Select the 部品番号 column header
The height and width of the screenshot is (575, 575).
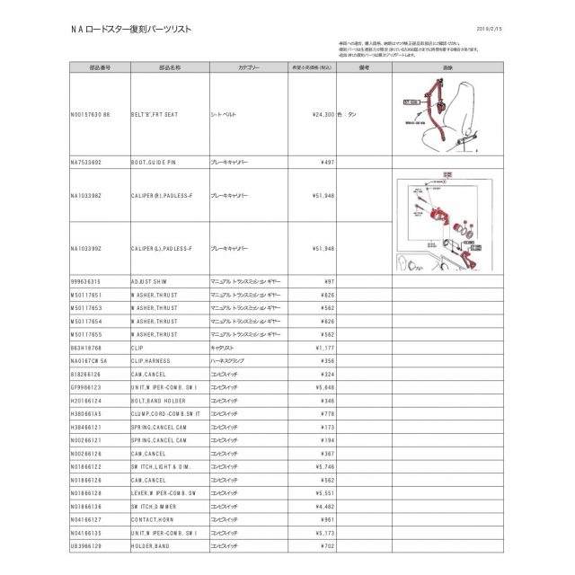coord(101,66)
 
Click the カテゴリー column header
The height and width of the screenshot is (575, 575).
coord(249,66)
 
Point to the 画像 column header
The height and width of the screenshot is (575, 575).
coord(447,66)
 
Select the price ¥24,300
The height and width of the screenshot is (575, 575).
coord(323,114)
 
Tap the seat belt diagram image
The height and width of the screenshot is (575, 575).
coord(447,113)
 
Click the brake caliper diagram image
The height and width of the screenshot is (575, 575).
coord(447,223)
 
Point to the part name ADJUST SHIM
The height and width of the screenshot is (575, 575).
coord(149,281)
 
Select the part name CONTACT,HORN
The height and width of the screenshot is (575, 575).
coord(154,519)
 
